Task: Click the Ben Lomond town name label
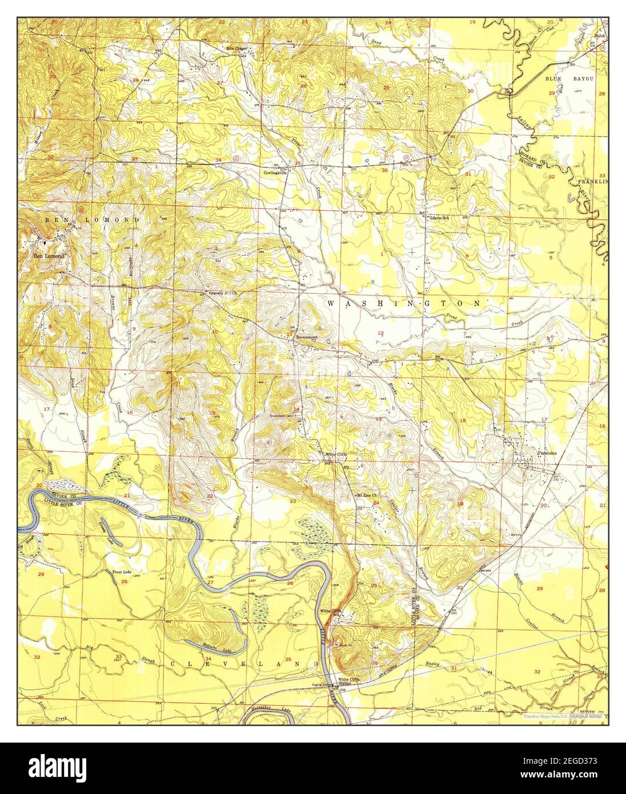49,256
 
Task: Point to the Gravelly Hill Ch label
223,293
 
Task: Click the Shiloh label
599,35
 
